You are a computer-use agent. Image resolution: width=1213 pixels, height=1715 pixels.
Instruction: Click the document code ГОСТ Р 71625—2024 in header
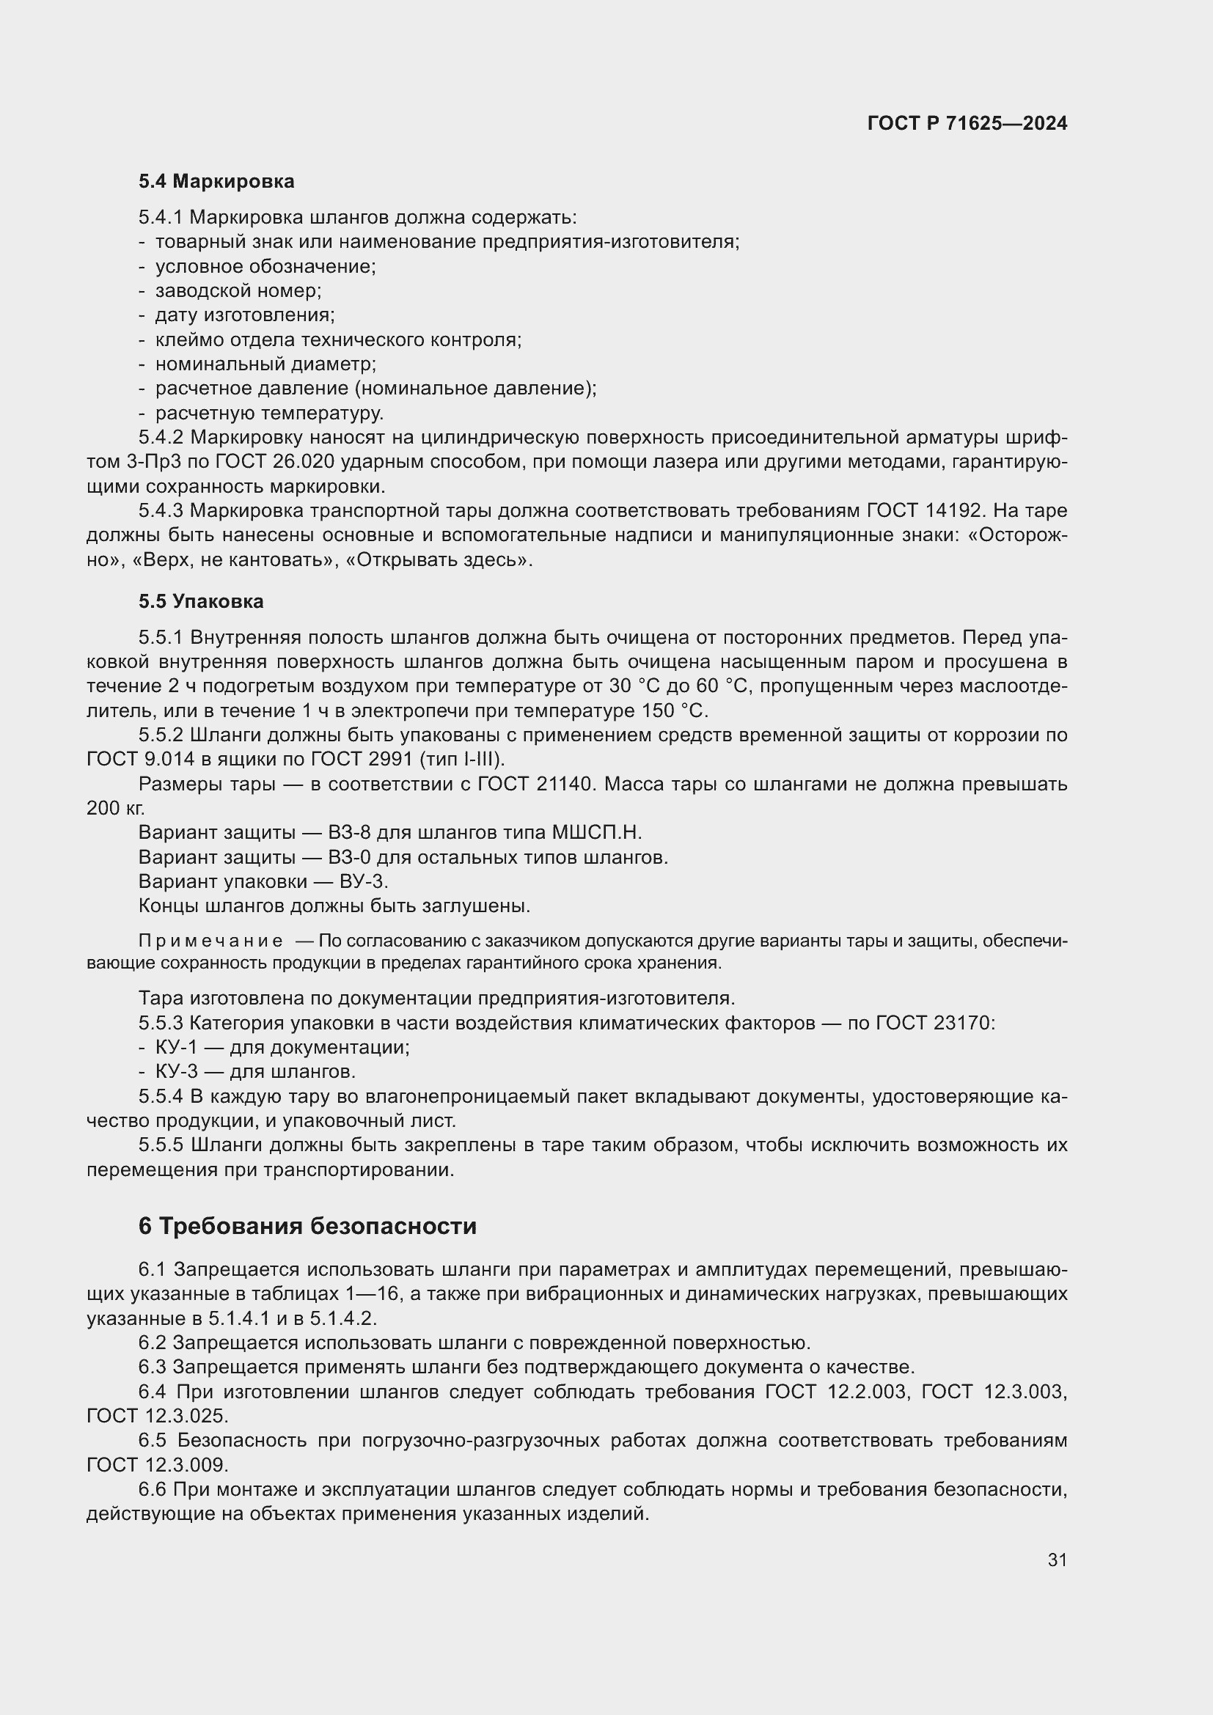tap(967, 123)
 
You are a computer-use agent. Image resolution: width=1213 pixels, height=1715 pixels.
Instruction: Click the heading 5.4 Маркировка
tap(216, 182)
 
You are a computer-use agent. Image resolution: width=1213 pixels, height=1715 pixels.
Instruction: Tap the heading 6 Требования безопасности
tap(307, 1227)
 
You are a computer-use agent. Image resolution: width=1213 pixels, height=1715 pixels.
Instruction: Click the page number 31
tap(1057, 1560)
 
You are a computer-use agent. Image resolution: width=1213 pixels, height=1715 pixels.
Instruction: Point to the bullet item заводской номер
tap(238, 290)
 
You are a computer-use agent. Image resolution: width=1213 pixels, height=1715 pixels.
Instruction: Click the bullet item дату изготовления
tap(244, 315)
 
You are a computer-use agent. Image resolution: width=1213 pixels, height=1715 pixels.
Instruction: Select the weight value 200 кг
tap(116, 808)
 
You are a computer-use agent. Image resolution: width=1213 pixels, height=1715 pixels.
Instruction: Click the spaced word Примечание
tap(210, 941)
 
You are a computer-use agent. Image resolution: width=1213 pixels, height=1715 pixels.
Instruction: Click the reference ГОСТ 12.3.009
tap(157, 1464)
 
